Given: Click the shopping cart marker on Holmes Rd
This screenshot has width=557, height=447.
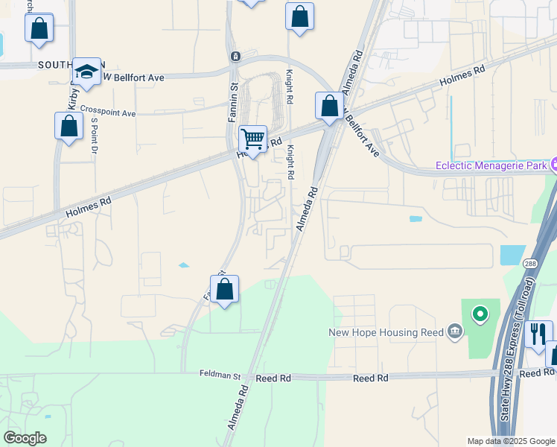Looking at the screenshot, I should click(x=253, y=139).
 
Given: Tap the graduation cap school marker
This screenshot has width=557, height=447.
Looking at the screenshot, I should click(x=87, y=72).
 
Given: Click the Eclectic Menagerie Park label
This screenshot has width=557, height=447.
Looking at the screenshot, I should click(x=491, y=165).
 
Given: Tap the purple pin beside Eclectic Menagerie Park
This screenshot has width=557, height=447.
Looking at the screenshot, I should click(x=553, y=165).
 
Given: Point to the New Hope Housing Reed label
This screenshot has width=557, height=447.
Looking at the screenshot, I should click(x=386, y=332).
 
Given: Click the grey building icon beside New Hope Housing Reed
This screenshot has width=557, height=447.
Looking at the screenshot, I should click(x=453, y=332).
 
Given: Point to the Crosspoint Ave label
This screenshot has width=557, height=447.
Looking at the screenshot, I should click(x=108, y=112).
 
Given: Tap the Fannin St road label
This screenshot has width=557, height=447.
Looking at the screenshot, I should click(x=233, y=101).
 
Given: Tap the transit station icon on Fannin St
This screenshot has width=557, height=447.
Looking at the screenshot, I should click(x=235, y=56).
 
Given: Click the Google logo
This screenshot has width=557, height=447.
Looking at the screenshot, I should click(x=25, y=438).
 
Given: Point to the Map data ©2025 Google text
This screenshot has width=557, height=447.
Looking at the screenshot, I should click(x=510, y=441).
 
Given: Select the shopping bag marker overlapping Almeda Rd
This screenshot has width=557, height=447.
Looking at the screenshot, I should click(x=328, y=106).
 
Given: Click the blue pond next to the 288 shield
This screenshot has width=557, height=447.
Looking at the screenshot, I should click(x=512, y=254).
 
